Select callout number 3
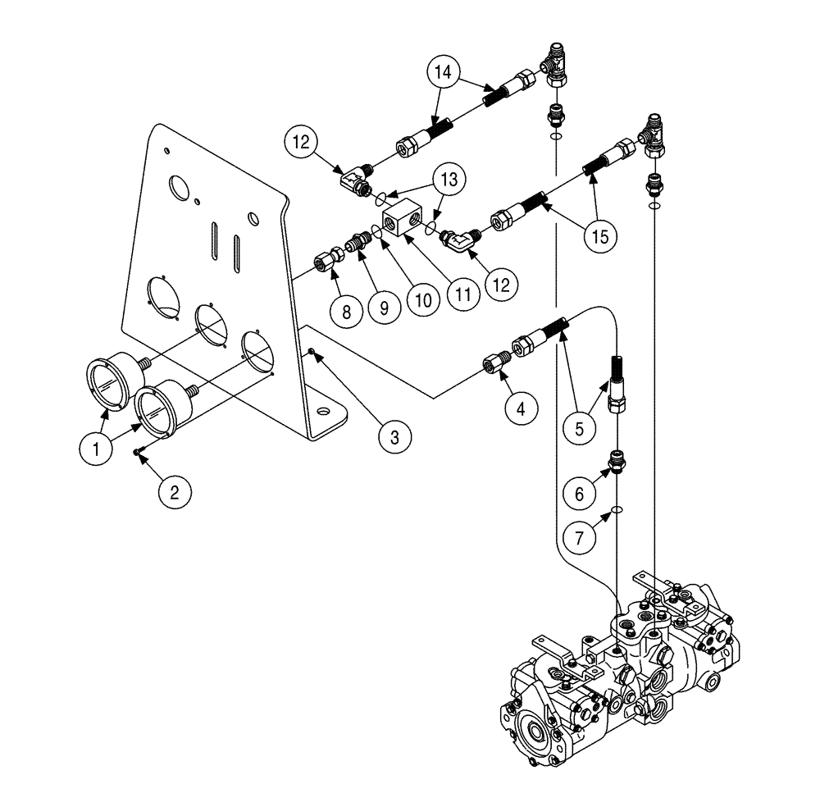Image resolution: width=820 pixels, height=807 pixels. [395, 436]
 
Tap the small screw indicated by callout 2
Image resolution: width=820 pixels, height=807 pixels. [140, 450]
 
